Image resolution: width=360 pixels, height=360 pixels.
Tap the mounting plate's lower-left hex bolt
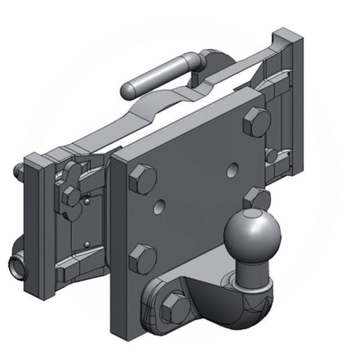144,259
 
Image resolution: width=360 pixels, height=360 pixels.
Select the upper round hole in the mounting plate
235,169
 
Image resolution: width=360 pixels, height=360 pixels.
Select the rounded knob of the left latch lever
72,171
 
